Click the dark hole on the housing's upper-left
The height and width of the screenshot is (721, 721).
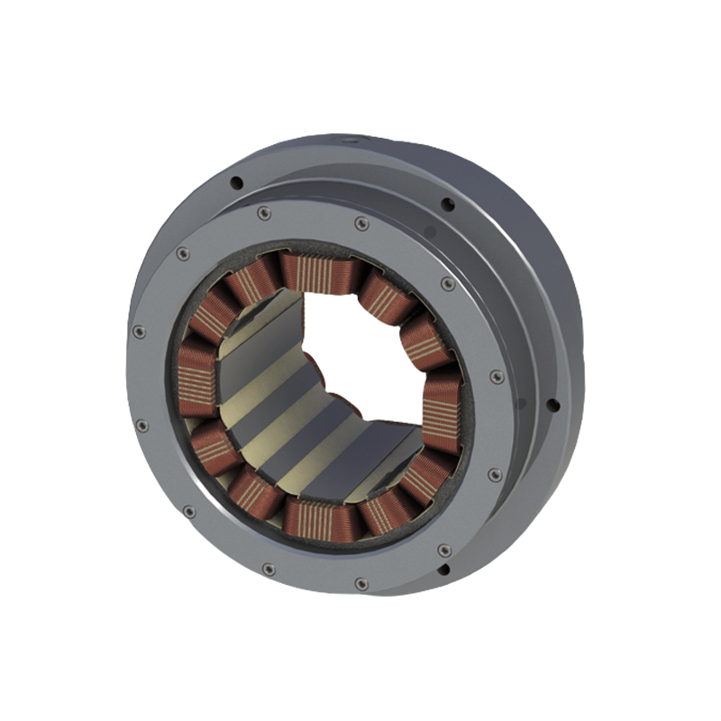pos(236,183)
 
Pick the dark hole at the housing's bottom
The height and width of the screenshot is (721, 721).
pos(443,570)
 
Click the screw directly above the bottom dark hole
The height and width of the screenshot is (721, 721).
pos(443,549)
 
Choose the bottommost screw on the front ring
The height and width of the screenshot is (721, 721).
pos(361,584)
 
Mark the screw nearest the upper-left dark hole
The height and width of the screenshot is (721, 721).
pos(263,214)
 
